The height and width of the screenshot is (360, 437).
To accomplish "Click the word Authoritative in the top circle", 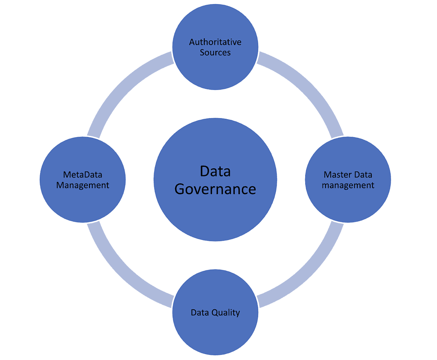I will pos(215,42).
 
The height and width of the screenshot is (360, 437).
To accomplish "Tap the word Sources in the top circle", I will pos(215,52).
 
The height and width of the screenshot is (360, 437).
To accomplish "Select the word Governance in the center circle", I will pos(215,189).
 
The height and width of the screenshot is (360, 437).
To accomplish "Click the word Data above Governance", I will pos(215,171).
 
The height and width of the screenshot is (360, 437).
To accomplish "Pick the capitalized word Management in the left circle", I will pos(83,185).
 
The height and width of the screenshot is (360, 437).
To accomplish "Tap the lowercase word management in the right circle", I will pos(348,185).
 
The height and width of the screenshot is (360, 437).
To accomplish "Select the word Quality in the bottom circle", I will pos(226,313).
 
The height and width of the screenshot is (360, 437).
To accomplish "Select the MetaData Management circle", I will pos(83,204).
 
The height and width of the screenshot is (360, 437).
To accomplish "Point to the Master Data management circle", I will pos(348,204).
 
